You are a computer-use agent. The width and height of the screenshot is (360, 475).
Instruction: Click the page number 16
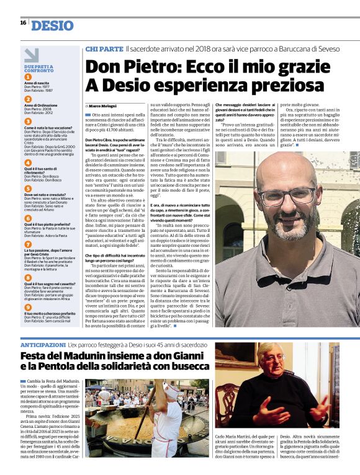coord(23,22)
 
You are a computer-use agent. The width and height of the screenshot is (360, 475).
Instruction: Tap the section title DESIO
coord(52,25)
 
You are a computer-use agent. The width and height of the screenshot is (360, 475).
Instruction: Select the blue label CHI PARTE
coord(104,48)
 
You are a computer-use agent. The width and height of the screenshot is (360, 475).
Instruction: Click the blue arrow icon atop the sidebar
coord(30,55)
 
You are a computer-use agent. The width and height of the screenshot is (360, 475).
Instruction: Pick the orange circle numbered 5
coord(28,189)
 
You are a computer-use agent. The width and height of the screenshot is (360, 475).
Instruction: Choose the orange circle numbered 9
coord(28,306)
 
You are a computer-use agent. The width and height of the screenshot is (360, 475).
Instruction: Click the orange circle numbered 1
coord(28,78)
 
